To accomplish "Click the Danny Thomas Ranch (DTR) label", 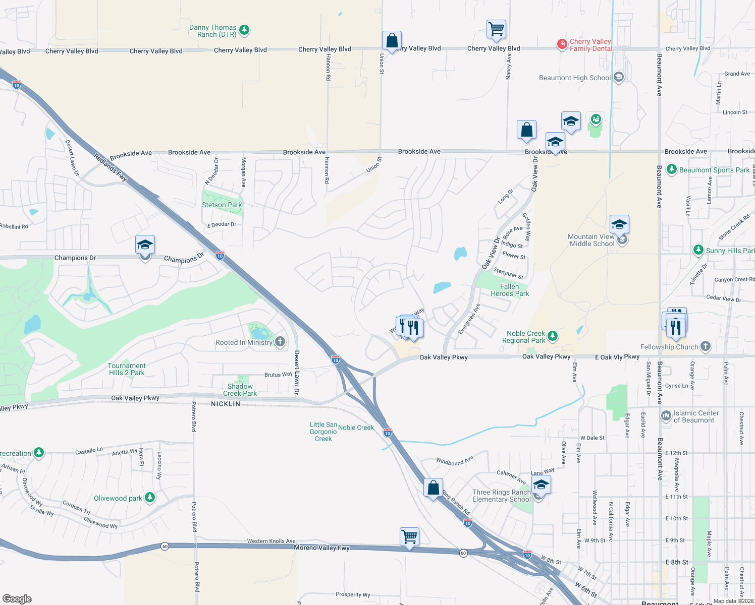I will (x=212, y=31).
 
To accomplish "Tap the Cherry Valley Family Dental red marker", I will (x=562, y=44).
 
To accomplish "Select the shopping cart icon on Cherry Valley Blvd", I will (x=496, y=29).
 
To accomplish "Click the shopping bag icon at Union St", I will (x=392, y=40).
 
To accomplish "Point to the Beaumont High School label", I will (x=574, y=78).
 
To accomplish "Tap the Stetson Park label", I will (x=222, y=205).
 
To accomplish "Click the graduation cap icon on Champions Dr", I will (x=145, y=245).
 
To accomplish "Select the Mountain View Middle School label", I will (x=591, y=240).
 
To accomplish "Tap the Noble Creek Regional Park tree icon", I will (x=553, y=335).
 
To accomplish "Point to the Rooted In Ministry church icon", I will (x=280, y=342).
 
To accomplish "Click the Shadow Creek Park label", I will (x=240, y=390).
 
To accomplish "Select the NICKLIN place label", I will (x=226, y=404).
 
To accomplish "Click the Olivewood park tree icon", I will (x=150, y=498).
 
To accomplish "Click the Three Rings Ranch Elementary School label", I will (x=501, y=496).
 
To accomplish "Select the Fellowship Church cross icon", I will (x=706, y=346).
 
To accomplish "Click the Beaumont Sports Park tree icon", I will (x=671, y=169).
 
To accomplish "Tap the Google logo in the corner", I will (x=17, y=598).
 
